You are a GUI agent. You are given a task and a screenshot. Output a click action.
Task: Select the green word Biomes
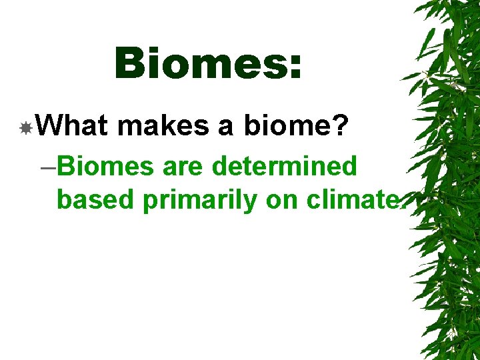click(x=106, y=166)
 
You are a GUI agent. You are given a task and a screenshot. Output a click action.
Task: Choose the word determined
click(x=285, y=166)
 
